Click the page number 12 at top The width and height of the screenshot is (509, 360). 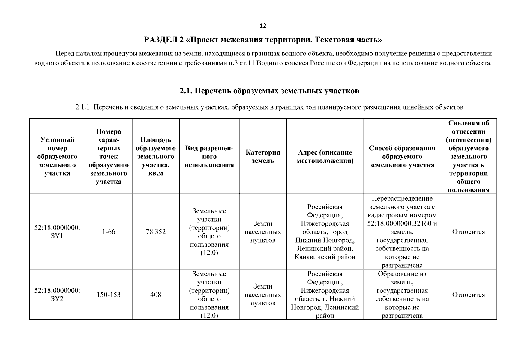coord(263,26)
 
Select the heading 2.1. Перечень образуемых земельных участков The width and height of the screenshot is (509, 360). coord(269,91)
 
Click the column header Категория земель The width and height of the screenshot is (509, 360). coord(263,156)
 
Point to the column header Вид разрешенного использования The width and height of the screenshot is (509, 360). coord(209,156)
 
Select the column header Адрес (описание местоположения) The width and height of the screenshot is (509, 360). coord(325,156)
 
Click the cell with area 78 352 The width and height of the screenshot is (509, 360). coord(156,232)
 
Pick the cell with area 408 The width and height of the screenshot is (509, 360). coord(156,295)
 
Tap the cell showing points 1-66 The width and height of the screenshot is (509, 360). coord(109,232)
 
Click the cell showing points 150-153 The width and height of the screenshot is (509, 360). coord(109,295)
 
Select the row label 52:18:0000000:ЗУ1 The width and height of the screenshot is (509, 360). coord(57,232)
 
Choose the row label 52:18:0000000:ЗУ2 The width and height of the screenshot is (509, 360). coord(57,295)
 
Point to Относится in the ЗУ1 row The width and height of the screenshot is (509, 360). coord(468,232)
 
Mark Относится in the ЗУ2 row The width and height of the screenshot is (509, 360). coord(468,295)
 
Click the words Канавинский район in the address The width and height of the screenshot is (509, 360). coord(325,257)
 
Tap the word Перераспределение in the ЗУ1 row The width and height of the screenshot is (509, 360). coord(402,199)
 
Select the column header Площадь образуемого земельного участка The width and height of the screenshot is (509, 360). coord(156,156)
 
